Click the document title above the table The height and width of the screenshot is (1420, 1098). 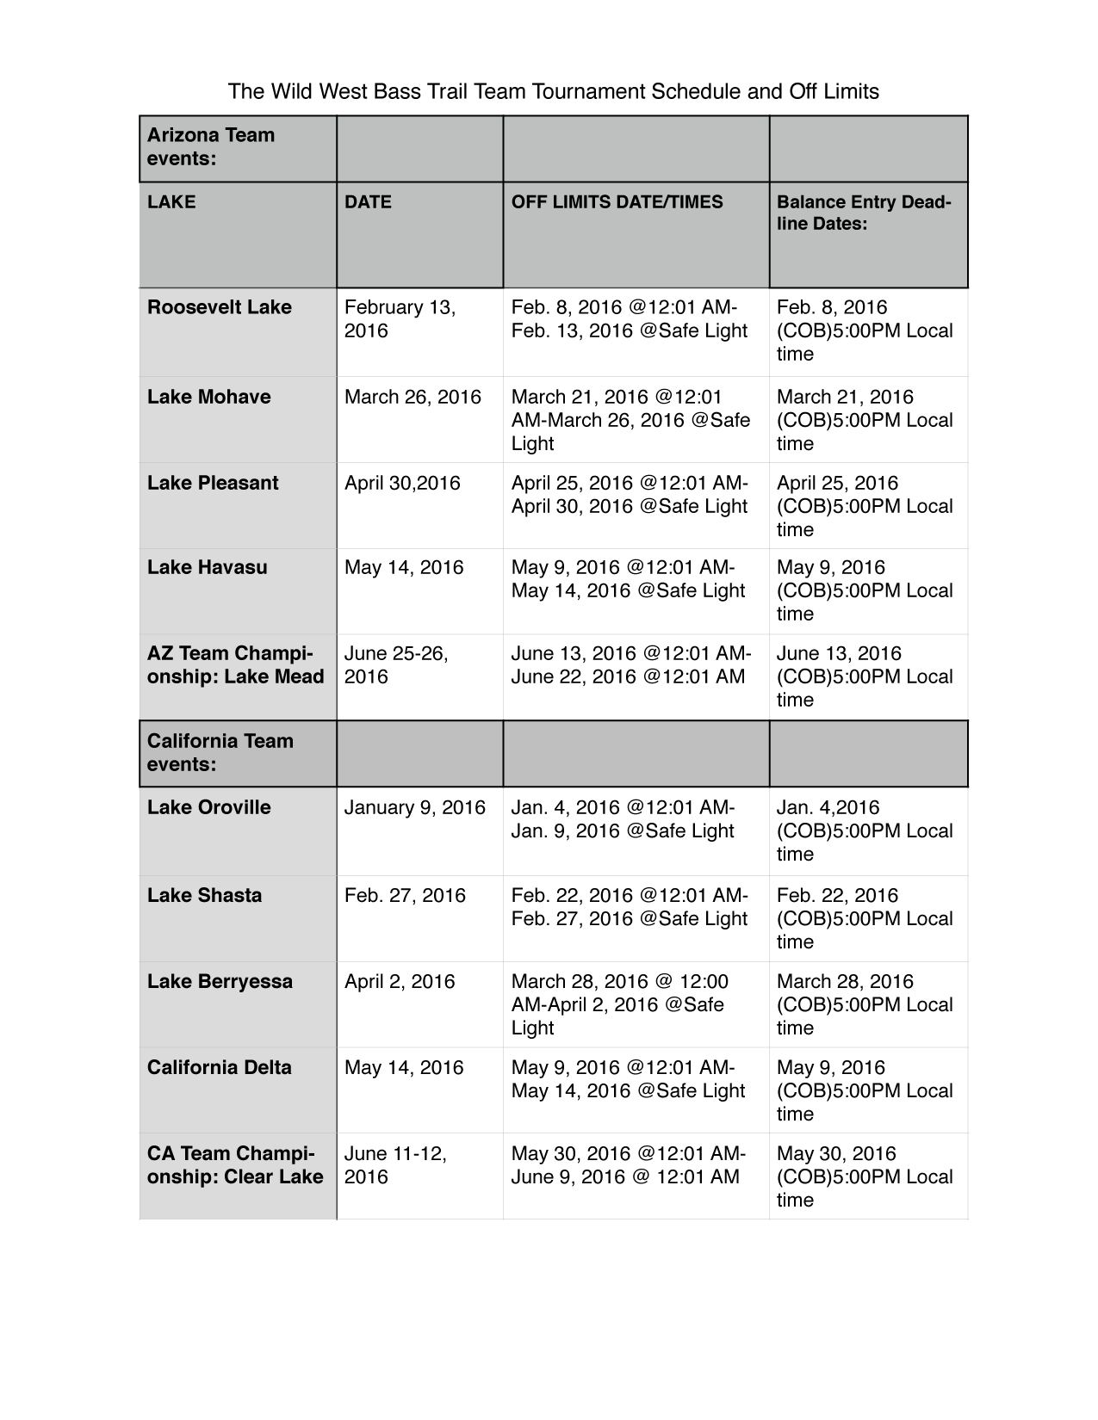553,91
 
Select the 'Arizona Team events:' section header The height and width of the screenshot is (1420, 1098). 211,147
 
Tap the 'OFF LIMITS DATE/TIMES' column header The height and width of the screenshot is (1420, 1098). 617,202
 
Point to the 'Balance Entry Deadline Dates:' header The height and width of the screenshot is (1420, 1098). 864,213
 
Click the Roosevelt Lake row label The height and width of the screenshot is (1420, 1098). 220,307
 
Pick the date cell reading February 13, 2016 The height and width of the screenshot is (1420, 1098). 400,319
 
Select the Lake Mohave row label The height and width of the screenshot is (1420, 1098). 209,397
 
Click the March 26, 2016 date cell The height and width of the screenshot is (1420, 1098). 413,397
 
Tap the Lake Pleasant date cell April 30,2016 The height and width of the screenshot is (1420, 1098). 402,483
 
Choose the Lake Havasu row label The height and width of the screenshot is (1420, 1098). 208,567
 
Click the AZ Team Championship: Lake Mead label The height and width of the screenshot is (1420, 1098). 235,665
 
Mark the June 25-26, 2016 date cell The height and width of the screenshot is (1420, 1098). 396,665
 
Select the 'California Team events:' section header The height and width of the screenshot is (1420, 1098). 220,753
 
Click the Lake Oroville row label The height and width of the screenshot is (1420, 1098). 209,807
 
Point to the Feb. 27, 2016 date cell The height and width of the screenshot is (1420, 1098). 405,895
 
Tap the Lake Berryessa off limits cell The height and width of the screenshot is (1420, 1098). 620,1004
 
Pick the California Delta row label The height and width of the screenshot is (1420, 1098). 220,1067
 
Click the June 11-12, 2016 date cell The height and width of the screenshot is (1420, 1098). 395,1165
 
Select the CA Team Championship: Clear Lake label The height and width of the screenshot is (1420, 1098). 235,1165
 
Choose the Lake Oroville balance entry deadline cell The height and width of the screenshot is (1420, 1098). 865,830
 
